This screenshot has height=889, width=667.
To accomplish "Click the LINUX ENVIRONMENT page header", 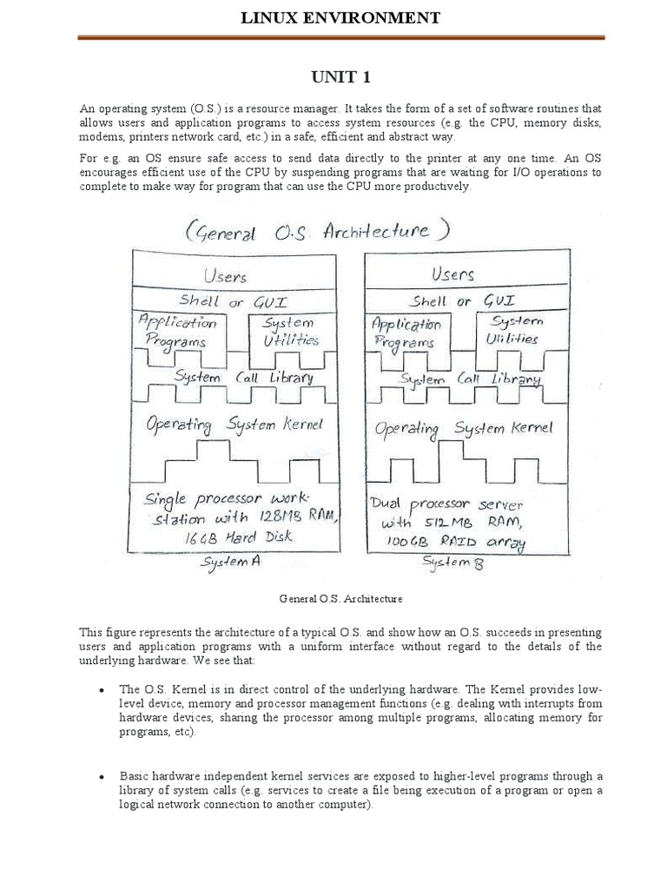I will click(x=341, y=17).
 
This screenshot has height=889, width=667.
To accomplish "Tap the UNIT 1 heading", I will click(x=341, y=78).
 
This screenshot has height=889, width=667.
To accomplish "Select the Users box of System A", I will click(x=224, y=276).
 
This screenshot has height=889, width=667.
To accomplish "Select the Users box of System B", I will click(x=452, y=274).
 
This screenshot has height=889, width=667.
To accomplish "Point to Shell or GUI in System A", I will click(x=224, y=301).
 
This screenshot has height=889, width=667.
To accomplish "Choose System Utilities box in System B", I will click(x=512, y=331).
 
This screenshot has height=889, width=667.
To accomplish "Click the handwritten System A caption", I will click(x=230, y=563).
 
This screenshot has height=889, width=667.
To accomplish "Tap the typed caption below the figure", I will click(x=340, y=599).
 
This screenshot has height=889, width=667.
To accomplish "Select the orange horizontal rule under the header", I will click(x=341, y=37).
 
